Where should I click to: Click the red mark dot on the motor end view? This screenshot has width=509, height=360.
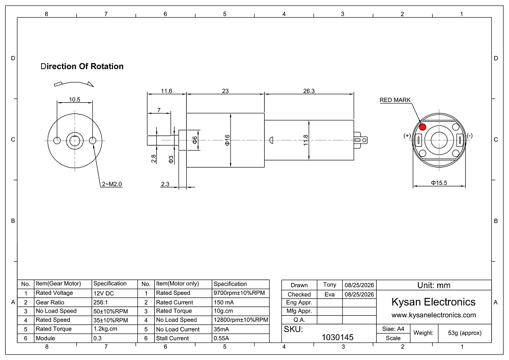[x=422, y=127]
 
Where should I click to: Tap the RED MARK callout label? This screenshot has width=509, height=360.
[x=395, y=100]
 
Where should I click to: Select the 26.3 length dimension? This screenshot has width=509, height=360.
[x=309, y=91]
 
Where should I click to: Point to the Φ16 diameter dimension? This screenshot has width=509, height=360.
[x=227, y=140]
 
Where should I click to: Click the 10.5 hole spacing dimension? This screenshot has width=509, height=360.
[x=74, y=99]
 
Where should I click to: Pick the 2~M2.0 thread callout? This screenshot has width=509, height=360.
[x=111, y=184]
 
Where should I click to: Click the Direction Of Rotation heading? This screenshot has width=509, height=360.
[x=82, y=66]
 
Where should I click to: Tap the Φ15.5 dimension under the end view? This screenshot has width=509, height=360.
[x=439, y=183]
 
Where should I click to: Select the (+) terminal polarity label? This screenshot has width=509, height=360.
[x=407, y=135]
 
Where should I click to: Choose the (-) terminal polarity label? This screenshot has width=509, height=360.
[x=469, y=135]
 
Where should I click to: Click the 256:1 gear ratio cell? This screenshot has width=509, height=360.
[x=101, y=302]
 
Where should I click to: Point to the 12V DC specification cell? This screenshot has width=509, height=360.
[x=103, y=293]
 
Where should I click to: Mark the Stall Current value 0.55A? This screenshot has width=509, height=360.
[x=221, y=338]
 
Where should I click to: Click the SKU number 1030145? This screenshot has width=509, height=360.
[x=337, y=337]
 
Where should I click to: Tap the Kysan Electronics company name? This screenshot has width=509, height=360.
[x=433, y=302]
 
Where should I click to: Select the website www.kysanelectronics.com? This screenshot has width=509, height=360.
[x=434, y=315]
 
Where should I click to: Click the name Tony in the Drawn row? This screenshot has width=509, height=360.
[x=329, y=285]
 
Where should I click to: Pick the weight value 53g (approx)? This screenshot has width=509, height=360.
[x=465, y=333]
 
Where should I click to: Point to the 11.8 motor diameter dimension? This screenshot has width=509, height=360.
[x=306, y=140]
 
